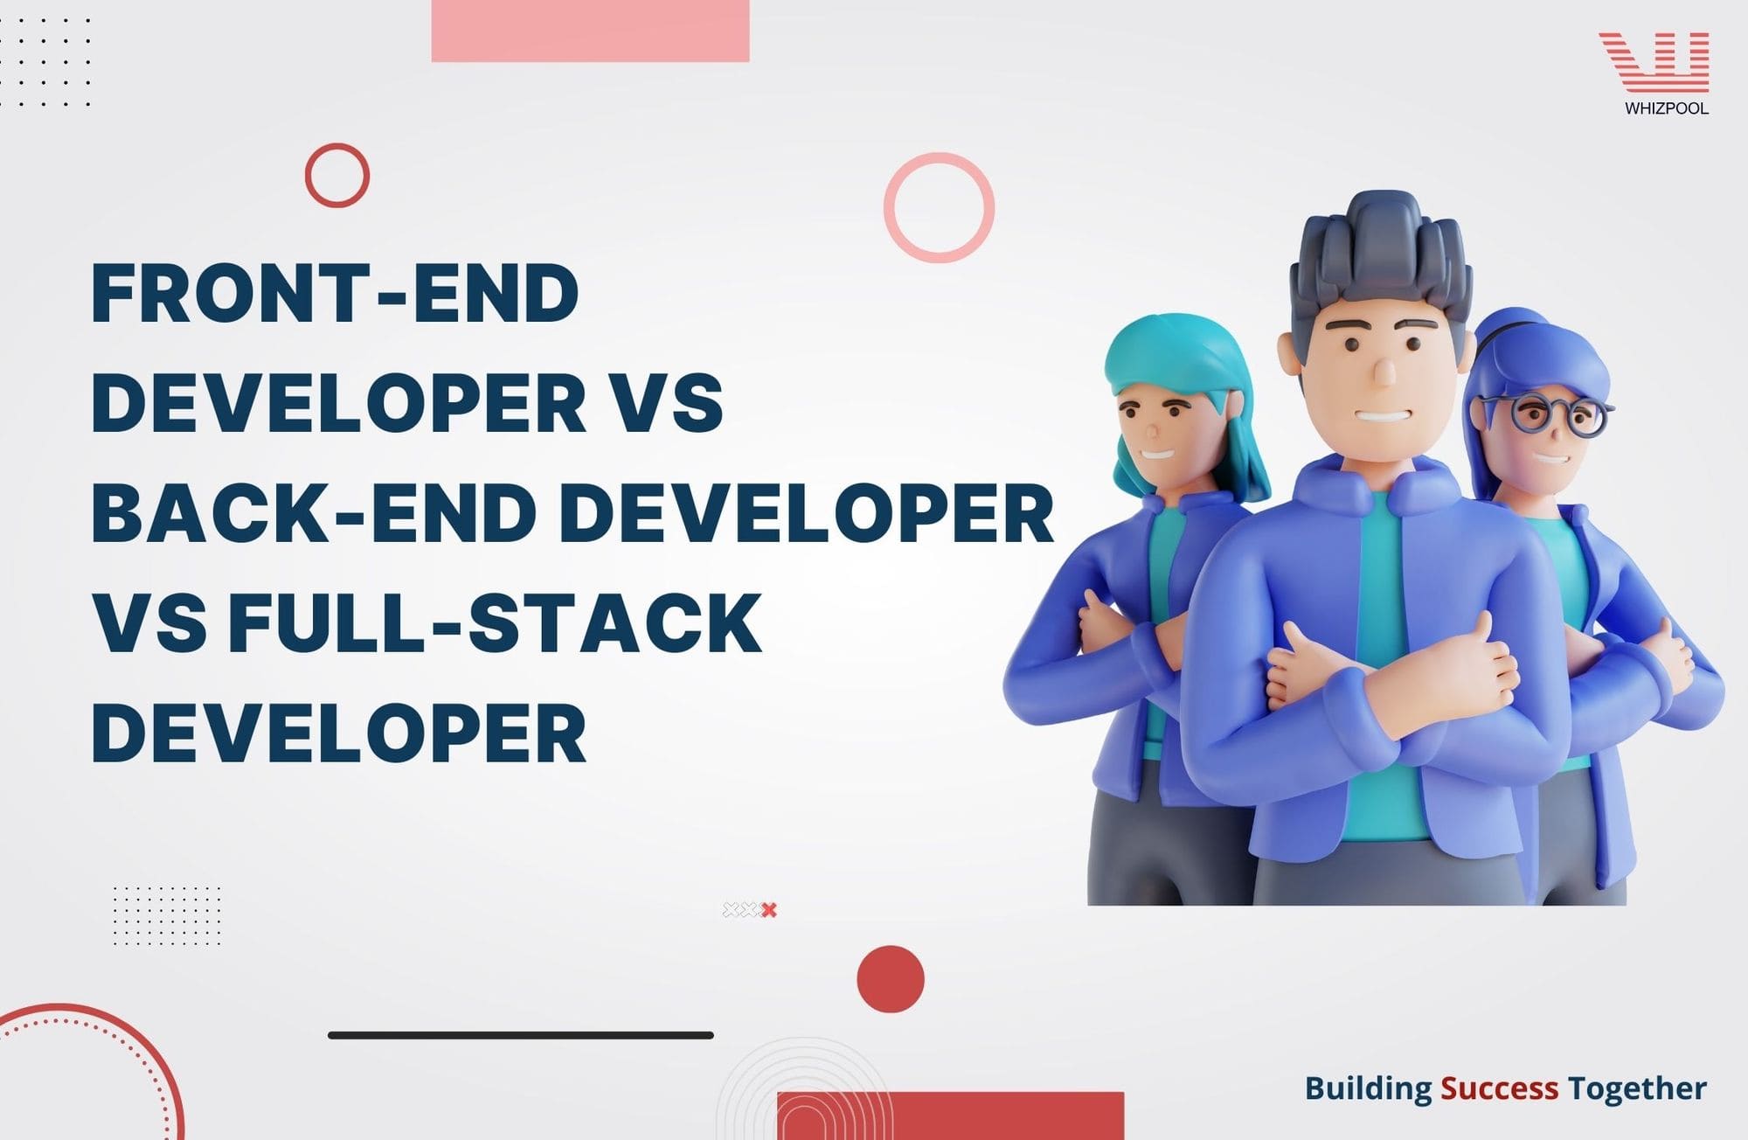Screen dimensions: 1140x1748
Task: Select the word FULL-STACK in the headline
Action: point(495,622)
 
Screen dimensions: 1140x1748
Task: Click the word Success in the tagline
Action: point(1499,1088)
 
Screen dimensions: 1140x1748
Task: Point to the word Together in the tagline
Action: point(1636,1088)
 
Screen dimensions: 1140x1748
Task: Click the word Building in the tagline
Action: point(1368,1088)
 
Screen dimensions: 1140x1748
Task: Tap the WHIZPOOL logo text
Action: point(1666,109)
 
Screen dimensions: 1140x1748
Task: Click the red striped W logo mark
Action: point(1654,61)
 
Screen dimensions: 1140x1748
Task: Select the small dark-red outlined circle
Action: point(337,175)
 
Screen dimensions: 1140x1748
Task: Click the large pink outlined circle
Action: point(939,207)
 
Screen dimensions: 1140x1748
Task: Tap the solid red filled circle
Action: point(890,978)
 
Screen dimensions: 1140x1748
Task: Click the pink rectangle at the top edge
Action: point(590,31)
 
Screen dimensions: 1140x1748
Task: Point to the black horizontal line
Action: point(521,1035)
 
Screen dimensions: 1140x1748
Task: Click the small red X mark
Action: point(769,910)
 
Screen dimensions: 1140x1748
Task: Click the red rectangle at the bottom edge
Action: point(950,1116)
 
